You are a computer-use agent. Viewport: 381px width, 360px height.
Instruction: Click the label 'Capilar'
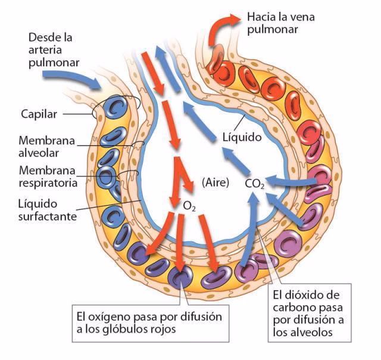[x=37, y=113]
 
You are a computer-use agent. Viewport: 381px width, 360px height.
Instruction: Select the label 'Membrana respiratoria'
[x=48, y=176]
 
